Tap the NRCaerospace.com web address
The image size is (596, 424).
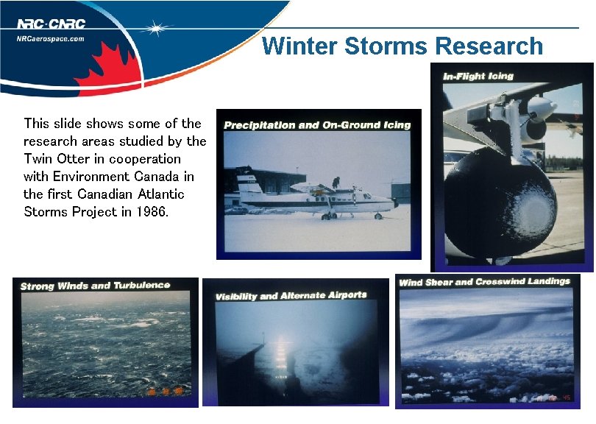click(51, 39)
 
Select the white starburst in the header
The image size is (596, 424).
click(156, 29)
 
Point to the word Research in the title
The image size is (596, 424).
click(489, 46)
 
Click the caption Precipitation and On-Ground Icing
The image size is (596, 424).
click(317, 125)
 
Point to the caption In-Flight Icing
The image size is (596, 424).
click(478, 76)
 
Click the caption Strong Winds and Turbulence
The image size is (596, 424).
click(95, 286)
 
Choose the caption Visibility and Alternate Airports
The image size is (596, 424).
click(291, 296)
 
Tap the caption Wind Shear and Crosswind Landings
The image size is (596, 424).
click(484, 282)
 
